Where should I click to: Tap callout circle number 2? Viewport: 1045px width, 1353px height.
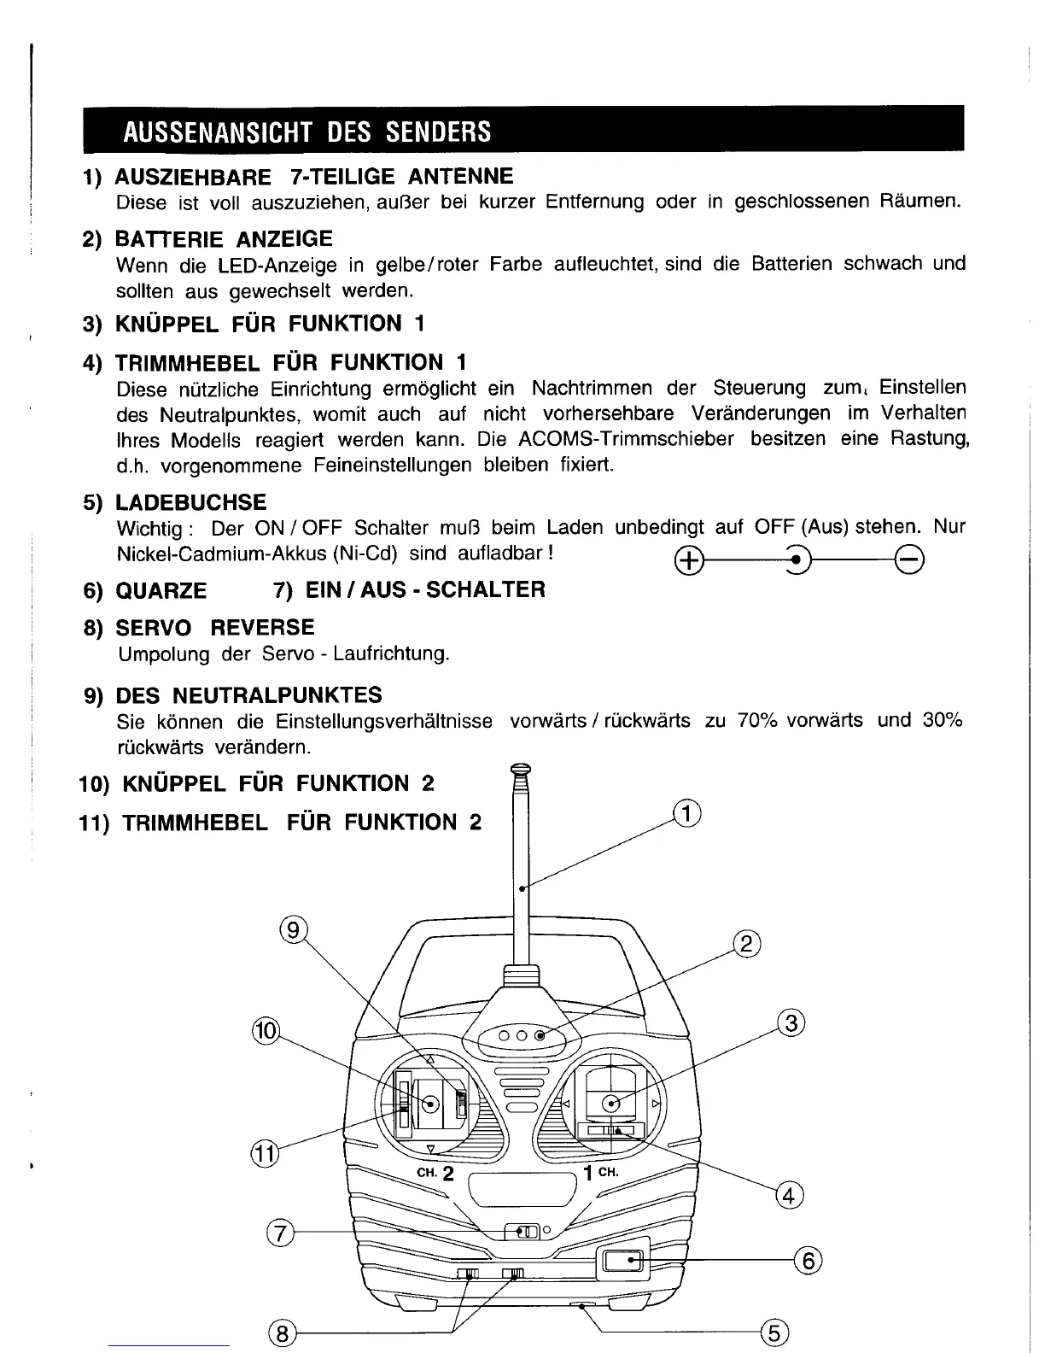747,945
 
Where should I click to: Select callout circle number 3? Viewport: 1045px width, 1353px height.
791,1022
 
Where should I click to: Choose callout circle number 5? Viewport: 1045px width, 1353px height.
773,1332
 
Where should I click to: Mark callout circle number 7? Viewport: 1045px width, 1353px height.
280,1233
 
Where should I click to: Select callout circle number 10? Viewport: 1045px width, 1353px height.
266,1030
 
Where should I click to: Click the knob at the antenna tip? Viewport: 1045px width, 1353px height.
520,768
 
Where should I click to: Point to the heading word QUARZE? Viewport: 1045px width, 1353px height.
161,591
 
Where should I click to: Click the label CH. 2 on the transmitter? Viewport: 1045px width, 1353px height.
435,1174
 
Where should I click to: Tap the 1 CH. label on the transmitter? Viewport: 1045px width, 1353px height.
601,1172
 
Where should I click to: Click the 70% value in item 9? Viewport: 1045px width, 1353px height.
757,720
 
